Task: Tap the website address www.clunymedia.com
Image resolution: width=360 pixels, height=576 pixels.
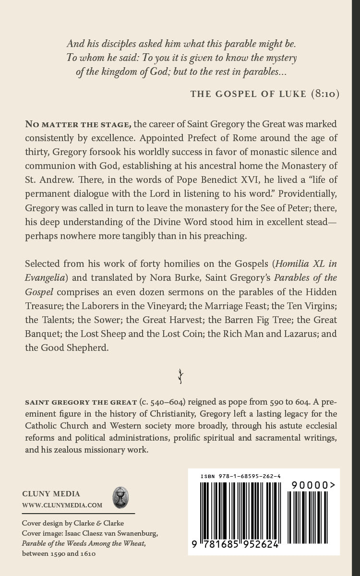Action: click(62, 505)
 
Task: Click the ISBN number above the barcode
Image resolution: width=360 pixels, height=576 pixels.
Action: click(240, 476)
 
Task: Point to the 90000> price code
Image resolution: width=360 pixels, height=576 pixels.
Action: click(312, 486)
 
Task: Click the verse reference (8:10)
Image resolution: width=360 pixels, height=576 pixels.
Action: click(324, 94)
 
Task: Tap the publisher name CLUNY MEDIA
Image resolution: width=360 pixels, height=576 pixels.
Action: click(51, 494)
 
